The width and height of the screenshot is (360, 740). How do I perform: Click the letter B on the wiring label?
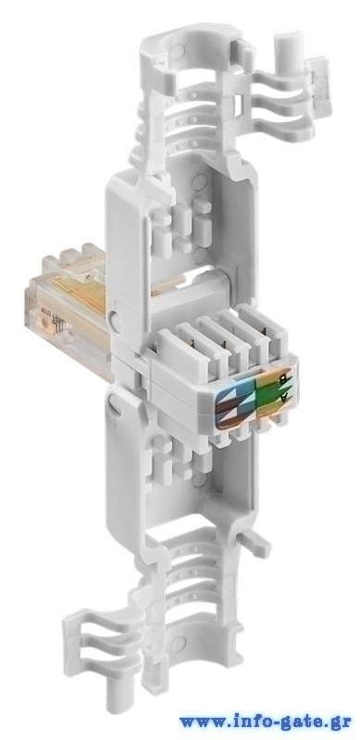tap(282, 378)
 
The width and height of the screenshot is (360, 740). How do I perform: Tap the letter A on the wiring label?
tap(283, 398)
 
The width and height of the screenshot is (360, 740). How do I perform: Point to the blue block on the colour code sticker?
tap(241, 390)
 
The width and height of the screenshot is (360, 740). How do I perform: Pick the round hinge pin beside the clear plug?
tap(115, 321)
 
